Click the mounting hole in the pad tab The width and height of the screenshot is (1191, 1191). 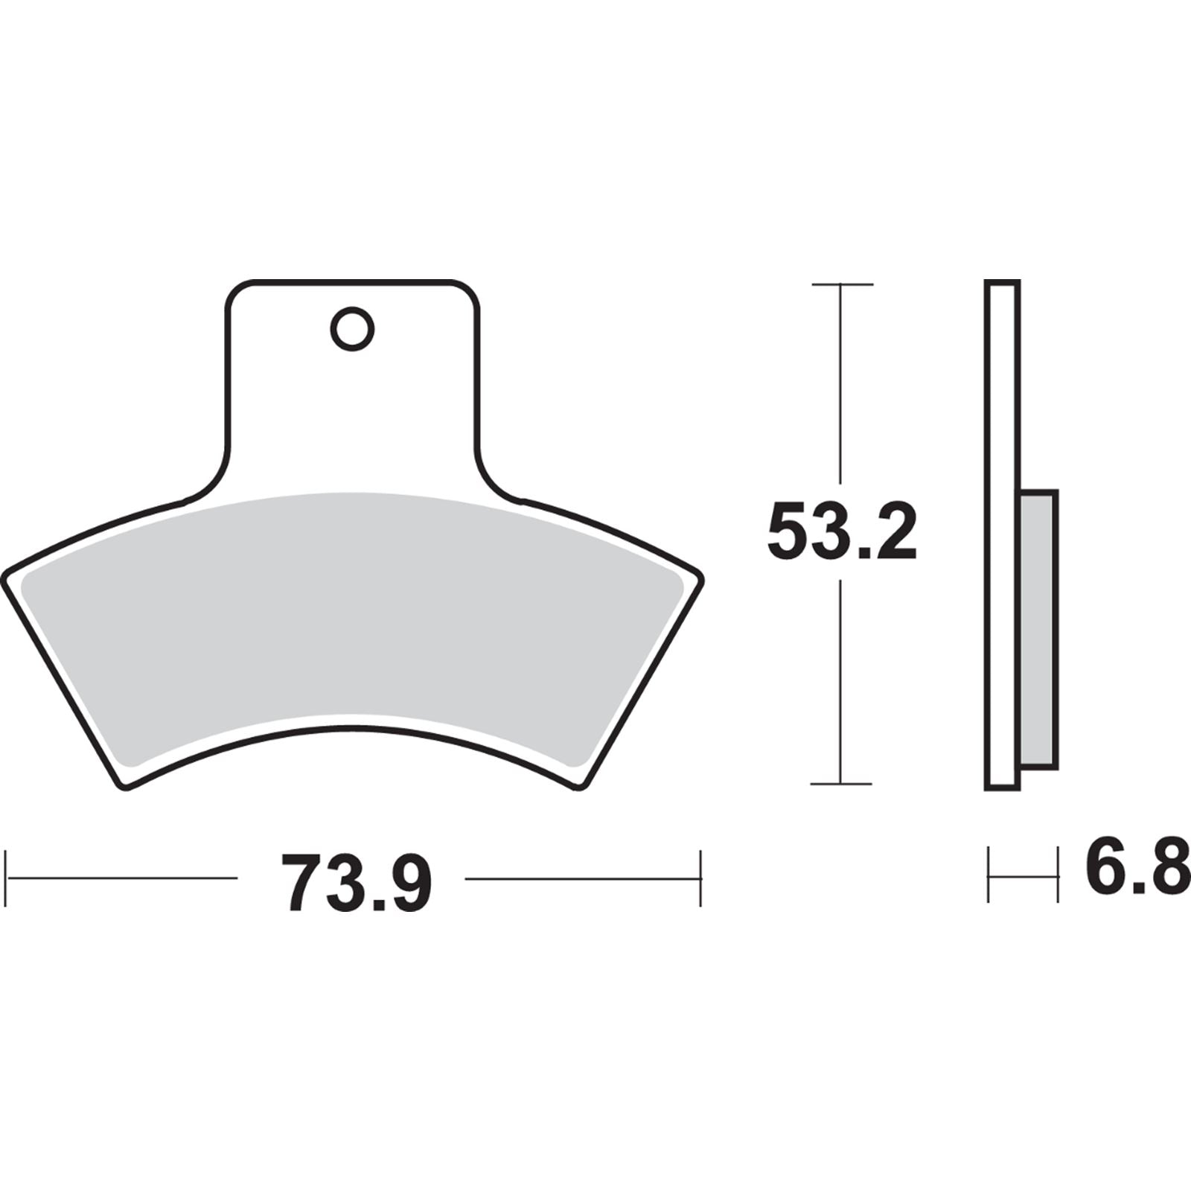352,328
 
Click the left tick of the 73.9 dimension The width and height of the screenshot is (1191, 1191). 7,878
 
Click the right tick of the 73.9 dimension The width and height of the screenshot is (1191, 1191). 700,878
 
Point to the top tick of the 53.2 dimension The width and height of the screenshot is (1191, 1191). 841,284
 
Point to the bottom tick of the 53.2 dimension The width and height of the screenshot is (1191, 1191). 841,783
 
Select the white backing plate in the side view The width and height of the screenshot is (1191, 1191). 1002,536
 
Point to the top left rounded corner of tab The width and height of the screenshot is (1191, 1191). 235,290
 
